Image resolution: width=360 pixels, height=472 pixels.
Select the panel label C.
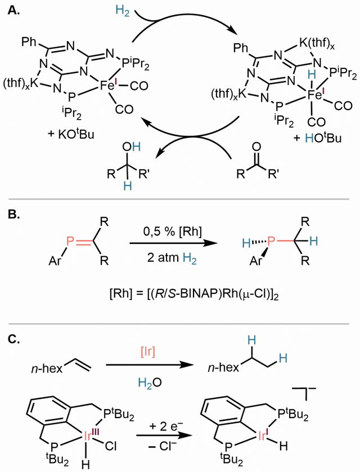[x=14, y=339]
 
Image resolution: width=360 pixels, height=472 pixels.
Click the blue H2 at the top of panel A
[x=123, y=11]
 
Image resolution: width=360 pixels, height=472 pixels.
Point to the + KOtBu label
[x=71, y=133]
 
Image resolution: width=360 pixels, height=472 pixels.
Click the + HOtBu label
[x=317, y=137]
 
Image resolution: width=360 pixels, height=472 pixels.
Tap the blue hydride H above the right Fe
[x=312, y=74]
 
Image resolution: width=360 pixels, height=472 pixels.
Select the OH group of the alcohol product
[x=132, y=147]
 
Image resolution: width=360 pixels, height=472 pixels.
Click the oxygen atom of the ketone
[x=256, y=147]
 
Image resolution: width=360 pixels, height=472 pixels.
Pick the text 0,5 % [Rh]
[x=173, y=232]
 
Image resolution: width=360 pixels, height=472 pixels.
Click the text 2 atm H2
[x=172, y=258]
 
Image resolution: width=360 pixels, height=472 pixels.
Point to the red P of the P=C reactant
[x=70, y=241]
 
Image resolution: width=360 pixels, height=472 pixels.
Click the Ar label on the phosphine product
[x=256, y=260]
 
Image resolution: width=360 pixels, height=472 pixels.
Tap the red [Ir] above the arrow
[x=148, y=351]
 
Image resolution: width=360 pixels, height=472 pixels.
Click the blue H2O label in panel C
[x=150, y=382]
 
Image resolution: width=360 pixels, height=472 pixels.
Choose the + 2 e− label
[x=166, y=426]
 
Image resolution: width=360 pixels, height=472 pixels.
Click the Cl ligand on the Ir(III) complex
[x=111, y=446]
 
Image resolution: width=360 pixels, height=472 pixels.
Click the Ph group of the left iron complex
[x=29, y=42]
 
